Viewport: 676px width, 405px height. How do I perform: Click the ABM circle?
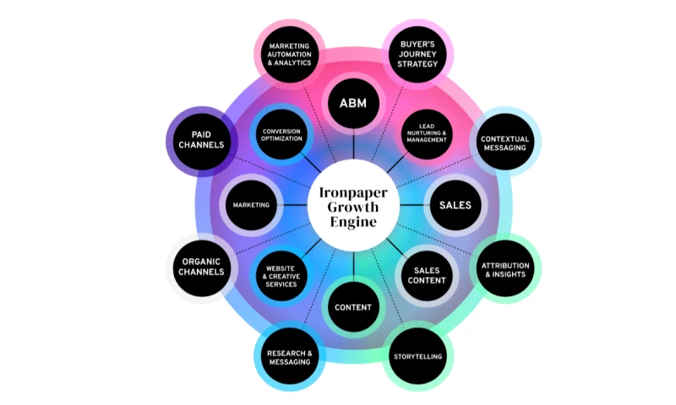click(x=353, y=105)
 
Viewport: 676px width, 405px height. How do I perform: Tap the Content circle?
click(x=353, y=307)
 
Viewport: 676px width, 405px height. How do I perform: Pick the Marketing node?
click(x=252, y=205)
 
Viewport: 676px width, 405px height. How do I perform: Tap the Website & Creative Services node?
click(x=282, y=275)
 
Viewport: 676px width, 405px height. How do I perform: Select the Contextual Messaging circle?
click(x=504, y=142)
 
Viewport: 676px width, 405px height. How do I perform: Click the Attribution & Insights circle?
click(x=504, y=270)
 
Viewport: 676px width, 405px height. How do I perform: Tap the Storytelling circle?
click(x=417, y=356)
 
